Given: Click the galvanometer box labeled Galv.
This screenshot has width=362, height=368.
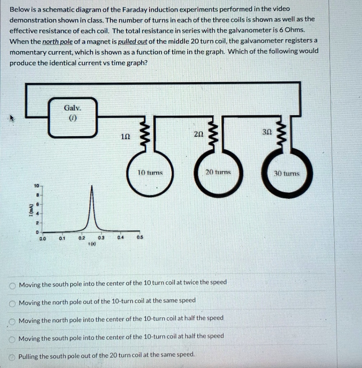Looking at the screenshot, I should (73, 117).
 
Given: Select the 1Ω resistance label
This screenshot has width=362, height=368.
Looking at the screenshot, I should (125, 137).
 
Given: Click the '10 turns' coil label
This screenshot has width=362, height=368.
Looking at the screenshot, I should (151, 173).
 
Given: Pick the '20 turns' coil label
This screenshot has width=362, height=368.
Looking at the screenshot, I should (218, 172).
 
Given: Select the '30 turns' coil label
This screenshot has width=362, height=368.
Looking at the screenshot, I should (286, 174).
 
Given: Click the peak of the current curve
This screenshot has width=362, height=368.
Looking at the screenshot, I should (92, 187).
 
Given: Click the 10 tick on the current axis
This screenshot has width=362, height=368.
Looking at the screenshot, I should (36, 186).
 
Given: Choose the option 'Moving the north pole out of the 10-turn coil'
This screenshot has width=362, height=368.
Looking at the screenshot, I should (107, 300).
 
